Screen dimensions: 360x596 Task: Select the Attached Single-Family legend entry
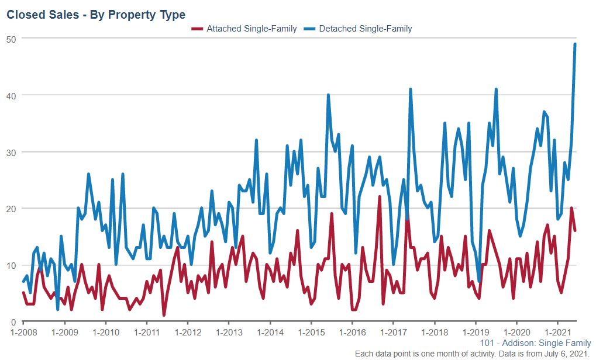[252, 29]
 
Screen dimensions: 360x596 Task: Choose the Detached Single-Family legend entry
[366, 29]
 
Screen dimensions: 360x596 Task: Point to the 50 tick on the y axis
[11, 39]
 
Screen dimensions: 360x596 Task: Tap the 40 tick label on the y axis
[11, 95]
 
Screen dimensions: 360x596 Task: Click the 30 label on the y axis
[11, 152]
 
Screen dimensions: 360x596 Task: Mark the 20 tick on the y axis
[11, 209]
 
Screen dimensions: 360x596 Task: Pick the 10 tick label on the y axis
[11, 265]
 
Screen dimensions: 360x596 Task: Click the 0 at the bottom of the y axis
[13, 322]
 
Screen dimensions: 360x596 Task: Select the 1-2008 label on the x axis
[23, 333]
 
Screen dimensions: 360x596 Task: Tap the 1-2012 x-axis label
[187, 333]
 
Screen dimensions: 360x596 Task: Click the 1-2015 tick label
[311, 333]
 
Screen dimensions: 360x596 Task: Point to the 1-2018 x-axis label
[434, 333]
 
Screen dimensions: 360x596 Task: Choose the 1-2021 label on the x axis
[557, 333]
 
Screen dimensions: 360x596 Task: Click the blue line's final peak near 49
[575, 44]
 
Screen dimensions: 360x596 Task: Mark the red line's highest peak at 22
[380, 197]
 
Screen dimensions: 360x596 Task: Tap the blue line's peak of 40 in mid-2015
[328, 95]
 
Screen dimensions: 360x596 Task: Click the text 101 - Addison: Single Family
[535, 343]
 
